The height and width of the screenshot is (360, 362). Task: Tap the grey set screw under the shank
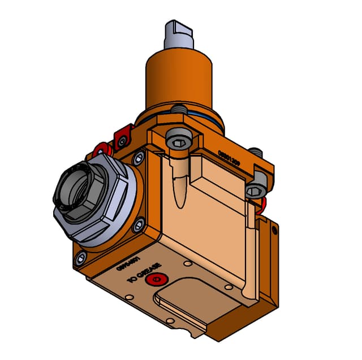179,109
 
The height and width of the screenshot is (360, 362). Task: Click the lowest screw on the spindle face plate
80,259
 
